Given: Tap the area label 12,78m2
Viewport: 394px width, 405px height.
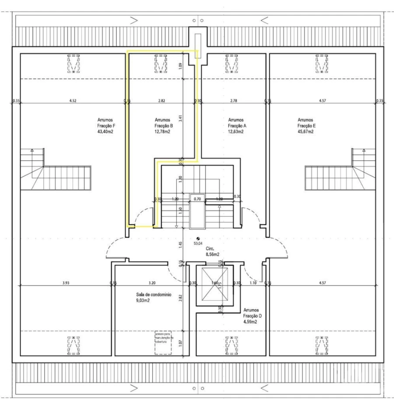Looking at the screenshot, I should point(162,131).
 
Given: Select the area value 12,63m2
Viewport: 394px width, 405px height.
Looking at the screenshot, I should point(236,131).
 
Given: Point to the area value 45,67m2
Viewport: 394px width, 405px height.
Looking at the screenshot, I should point(305,131).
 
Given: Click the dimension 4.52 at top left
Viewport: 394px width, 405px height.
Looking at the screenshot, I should point(73,101).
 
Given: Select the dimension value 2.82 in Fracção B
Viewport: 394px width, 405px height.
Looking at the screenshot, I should point(161,101).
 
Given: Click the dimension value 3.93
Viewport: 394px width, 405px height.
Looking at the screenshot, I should point(65,283).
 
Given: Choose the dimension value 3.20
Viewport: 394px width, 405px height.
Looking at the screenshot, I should point(152,283).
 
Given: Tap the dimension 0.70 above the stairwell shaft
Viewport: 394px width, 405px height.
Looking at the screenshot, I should point(197,199).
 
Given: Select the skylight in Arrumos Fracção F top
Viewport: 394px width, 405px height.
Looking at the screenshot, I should point(73,64).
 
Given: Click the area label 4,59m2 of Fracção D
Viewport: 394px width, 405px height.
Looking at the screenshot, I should point(250,322).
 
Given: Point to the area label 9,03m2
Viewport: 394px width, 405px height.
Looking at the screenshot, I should point(143,301).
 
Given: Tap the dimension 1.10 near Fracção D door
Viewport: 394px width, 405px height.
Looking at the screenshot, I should point(252,283).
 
